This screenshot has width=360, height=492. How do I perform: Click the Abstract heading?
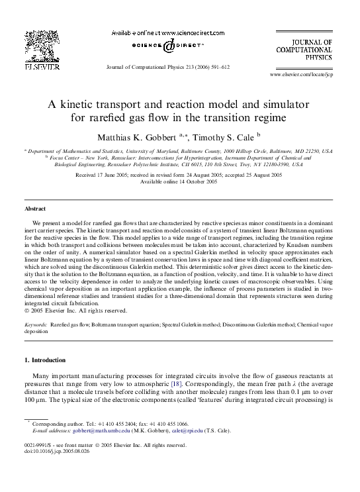(36, 209)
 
